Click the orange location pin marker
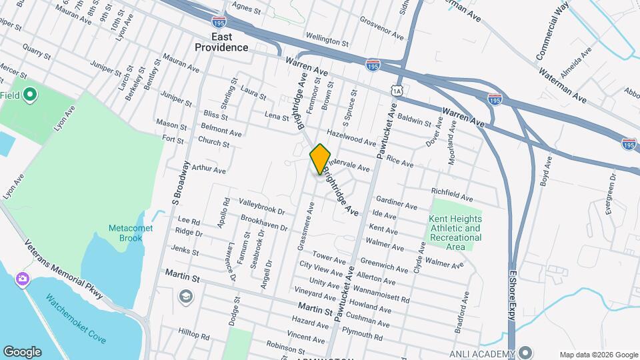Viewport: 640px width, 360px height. [x=320, y=159]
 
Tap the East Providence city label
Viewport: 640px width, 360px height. [x=221, y=41]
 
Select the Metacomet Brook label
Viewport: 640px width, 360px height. [x=131, y=233]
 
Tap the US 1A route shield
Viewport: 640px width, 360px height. [x=397, y=90]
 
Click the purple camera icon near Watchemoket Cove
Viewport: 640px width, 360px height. [x=23, y=278]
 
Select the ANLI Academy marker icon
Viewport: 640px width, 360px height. [x=527, y=353]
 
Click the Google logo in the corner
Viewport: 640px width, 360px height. [x=22, y=352]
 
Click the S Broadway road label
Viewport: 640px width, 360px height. [x=177, y=181]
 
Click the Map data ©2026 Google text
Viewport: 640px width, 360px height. [x=598, y=355]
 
